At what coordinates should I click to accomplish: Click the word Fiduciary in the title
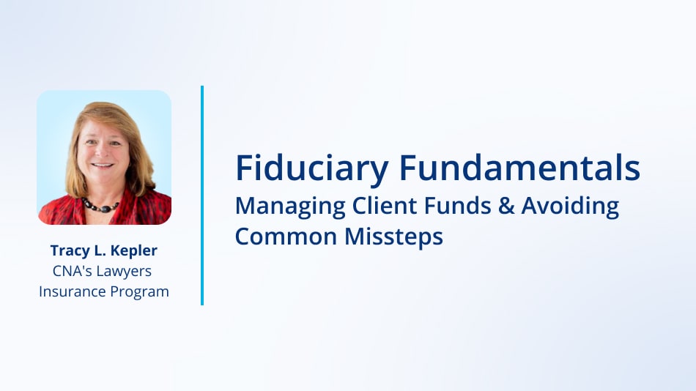(x=312, y=168)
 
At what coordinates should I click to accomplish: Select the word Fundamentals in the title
(x=519, y=168)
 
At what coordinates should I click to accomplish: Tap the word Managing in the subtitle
(x=290, y=207)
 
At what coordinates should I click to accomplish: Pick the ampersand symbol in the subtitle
(x=506, y=206)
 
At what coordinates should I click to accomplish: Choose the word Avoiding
(x=570, y=207)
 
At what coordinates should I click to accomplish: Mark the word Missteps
(x=393, y=237)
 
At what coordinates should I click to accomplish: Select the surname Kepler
(x=133, y=250)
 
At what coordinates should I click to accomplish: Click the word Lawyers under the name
(x=127, y=272)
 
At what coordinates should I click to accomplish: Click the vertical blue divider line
(x=202, y=195)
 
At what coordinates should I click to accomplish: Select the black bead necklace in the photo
(x=100, y=206)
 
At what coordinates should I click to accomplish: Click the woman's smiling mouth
(x=103, y=165)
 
